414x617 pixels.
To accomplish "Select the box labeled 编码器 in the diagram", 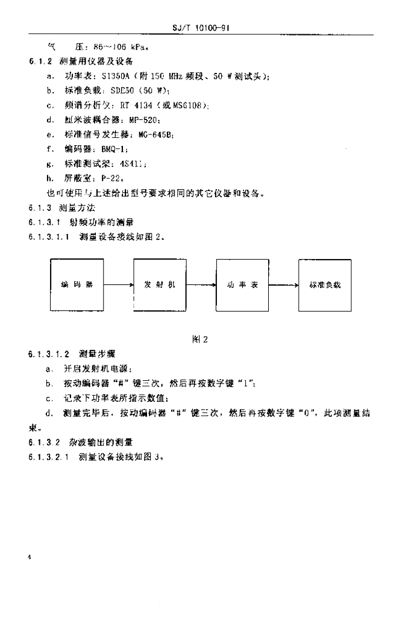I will pyautogui.click(x=77, y=284).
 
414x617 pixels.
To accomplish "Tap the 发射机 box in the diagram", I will pyautogui.click(x=160, y=284).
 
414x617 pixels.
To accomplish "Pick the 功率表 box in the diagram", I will pyautogui.click(x=242, y=284).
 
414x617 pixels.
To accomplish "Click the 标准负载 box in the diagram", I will pyautogui.click(x=325, y=284).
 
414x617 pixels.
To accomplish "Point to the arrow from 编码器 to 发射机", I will pyautogui.click(x=118, y=285).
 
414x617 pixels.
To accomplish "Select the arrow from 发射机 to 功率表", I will pyautogui.click(x=201, y=285).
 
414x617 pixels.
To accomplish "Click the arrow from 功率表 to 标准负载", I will pyautogui.click(x=283, y=285).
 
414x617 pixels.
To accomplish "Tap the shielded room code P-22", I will pyautogui.click(x=115, y=178).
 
